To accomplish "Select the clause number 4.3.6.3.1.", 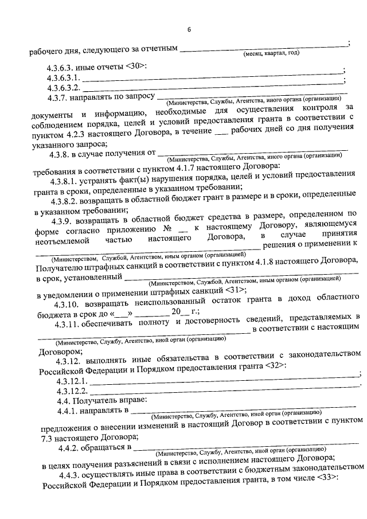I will click(x=65, y=77).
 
